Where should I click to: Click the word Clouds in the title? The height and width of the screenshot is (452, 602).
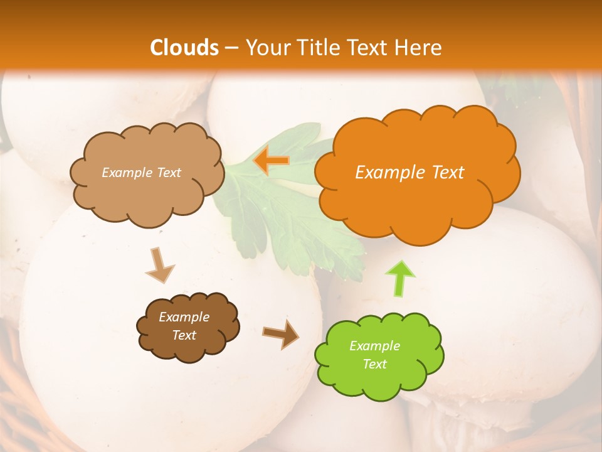[184, 48]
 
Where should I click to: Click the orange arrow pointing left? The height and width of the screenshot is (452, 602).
[271, 161]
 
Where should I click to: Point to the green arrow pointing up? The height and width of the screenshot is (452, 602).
[400, 277]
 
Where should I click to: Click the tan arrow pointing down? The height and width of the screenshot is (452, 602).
[159, 265]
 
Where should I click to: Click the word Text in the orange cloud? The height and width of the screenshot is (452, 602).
[448, 173]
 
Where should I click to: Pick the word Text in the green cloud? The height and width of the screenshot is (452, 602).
[374, 364]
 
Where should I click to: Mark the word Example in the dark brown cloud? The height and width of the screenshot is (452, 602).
[184, 317]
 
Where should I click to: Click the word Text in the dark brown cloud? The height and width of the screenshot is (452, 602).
[184, 335]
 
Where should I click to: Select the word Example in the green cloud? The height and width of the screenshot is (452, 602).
[374, 346]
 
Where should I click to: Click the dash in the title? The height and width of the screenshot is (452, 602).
[231, 48]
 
